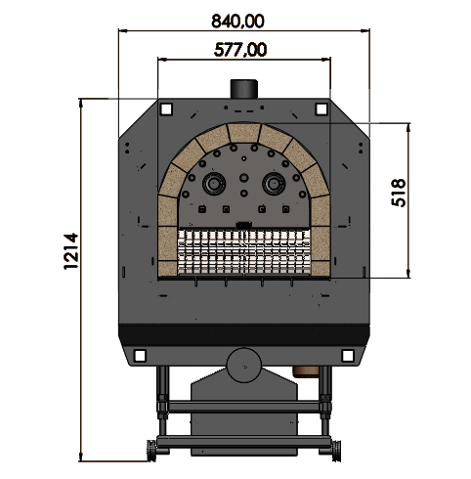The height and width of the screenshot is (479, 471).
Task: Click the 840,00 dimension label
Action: pos(237,22)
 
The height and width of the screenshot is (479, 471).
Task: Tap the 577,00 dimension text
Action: pos(240,50)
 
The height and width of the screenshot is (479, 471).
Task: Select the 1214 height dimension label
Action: pos(71,251)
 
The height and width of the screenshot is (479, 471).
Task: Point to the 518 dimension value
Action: pos(399,193)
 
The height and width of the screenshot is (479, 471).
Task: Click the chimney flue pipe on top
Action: pos(244,89)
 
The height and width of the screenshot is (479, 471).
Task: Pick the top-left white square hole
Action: pos(166,109)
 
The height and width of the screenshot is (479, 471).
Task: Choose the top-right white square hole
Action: pos(321,109)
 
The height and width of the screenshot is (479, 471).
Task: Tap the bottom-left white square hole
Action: pos(140,356)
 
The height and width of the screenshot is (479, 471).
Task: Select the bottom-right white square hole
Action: pos(347,356)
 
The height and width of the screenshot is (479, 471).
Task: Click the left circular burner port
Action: pos(214,184)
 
